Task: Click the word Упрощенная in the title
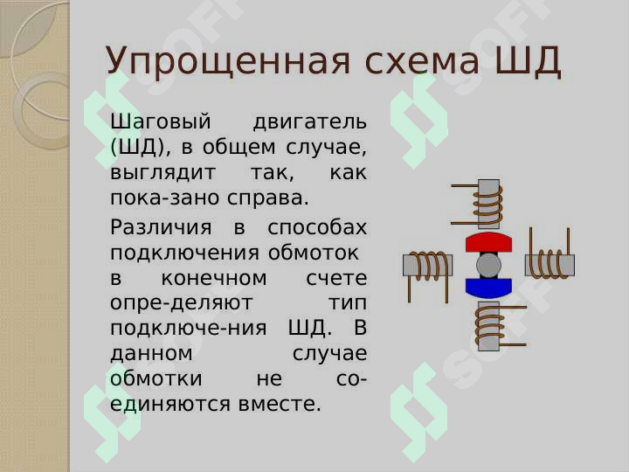(x=228, y=61)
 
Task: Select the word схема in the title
(x=422, y=61)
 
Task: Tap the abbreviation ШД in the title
(x=528, y=61)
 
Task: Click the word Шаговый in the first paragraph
(x=161, y=121)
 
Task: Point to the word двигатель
(x=309, y=121)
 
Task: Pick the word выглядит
(x=162, y=173)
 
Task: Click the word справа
(x=268, y=198)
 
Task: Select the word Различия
(x=161, y=227)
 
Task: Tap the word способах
(x=317, y=227)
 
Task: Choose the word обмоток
(x=314, y=253)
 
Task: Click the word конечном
(x=214, y=278)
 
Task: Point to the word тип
(x=348, y=303)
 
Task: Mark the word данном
(x=151, y=354)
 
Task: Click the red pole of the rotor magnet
(x=488, y=242)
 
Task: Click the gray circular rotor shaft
(x=488, y=266)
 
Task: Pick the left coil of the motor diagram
(x=427, y=266)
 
